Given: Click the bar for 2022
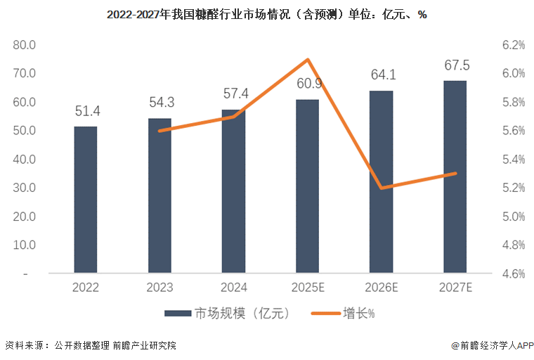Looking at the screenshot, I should pos(86,200).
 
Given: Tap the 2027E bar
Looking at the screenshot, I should pos(455,176).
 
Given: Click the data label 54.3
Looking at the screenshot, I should pos(162,103).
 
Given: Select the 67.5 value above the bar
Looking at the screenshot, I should pos(457,65).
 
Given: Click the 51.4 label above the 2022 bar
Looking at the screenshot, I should pos(88,111).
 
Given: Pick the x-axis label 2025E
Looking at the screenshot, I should pos(308,288).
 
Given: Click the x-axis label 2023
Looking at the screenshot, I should pos(159,288).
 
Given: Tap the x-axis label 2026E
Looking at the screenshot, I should pos(382,288).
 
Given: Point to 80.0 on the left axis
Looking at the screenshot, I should pos(25,45).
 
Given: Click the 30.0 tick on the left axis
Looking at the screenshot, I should pos(25,188).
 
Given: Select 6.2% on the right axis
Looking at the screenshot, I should pos(514,45).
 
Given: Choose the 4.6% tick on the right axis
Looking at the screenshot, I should pos(514,274).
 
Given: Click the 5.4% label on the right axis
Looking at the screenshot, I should pos(514,160).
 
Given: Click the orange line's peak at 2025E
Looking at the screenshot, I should pos(308,60).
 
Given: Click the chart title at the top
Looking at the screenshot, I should pos(267,15).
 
